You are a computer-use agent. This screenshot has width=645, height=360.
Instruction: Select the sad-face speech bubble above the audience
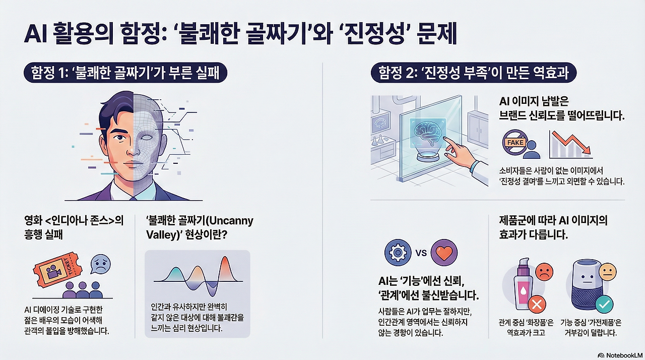coord(100,264)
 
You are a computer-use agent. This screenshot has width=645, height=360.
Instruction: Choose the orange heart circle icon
coord(444,253)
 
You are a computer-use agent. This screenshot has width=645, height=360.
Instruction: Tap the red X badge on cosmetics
coord(536,305)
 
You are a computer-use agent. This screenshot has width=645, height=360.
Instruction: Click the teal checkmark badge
coord(603,305)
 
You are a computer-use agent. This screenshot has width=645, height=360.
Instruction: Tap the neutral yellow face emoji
coord(608,273)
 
